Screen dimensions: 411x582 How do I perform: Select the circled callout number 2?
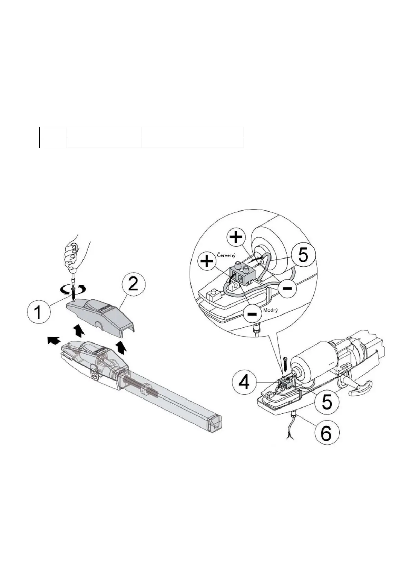[133, 284]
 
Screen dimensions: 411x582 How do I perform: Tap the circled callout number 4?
[244, 384]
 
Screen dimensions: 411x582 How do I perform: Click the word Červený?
[226, 255]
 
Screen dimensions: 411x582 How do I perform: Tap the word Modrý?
[270, 310]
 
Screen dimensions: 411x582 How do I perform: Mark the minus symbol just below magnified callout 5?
[287, 288]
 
